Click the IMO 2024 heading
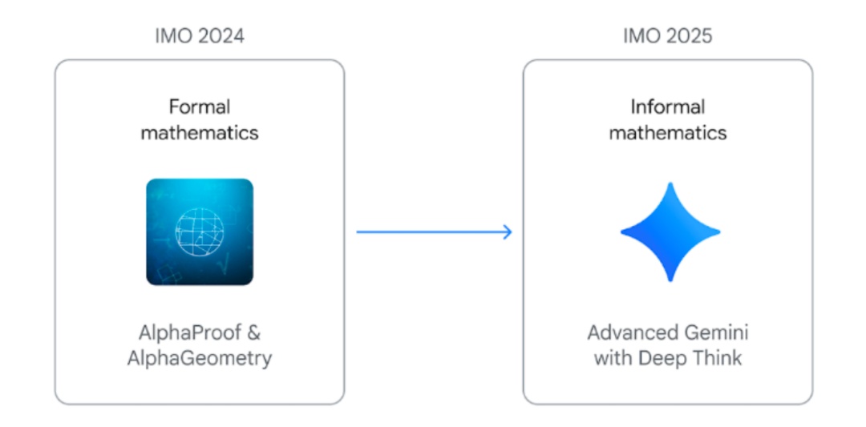click(x=200, y=36)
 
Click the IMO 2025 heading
click(x=668, y=36)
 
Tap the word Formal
click(x=200, y=107)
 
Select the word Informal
click(x=668, y=107)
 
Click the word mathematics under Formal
click(x=200, y=132)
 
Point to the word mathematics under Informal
click(x=668, y=132)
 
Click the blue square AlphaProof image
click(x=200, y=232)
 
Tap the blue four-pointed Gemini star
click(x=670, y=232)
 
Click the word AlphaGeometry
click(x=200, y=358)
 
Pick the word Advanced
click(x=631, y=332)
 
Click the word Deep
click(x=660, y=358)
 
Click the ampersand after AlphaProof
click(x=253, y=332)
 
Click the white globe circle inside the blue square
click(x=200, y=232)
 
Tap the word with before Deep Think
click(x=612, y=358)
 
